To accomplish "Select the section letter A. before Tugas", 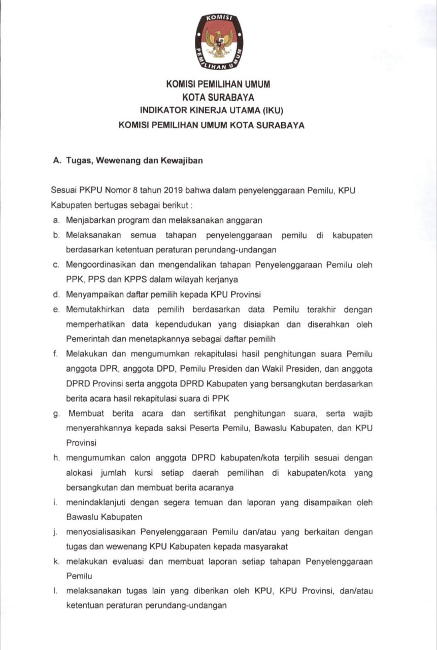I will tap(57, 160).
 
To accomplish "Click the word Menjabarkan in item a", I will tap(90, 220).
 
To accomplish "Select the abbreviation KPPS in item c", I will tap(149, 279).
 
